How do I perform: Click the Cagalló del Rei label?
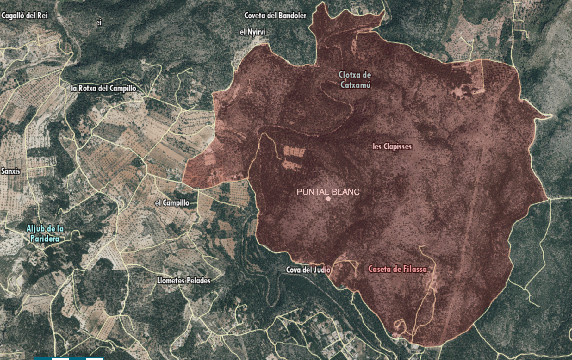(x=24, y=16)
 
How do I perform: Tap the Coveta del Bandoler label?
(x=275, y=16)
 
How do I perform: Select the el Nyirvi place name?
(x=252, y=32)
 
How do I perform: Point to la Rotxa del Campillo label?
(x=103, y=88)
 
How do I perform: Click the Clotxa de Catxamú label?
(x=355, y=80)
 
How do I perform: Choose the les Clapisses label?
(x=392, y=146)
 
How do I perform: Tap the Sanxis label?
(x=11, y=171)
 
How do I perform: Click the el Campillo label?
(x=172, y=203)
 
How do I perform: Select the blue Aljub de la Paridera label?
(x=45, y=233)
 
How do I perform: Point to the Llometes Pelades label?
(x=183, y=280)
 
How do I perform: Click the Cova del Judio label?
(x=308, y=270)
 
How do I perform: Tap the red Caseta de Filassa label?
(x=397, y=269)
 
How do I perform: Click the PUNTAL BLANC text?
(x=328, y=192)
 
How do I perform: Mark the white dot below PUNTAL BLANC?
(x=328, y=199)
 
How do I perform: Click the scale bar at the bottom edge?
(x=69, y=358)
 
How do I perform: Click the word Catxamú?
(x=355, y=85)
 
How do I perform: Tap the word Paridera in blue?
(x=45, y=238)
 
